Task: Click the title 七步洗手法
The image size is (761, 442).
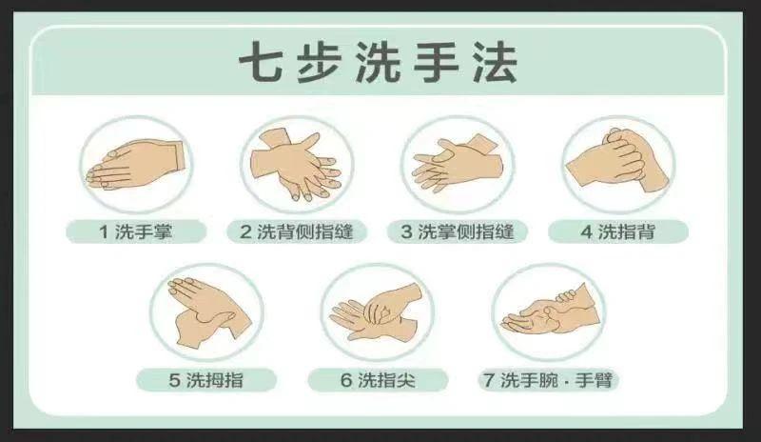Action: tap(378, 63)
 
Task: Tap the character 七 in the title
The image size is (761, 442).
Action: tap(261, 63)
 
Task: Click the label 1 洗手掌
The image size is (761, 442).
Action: tap(136, 231)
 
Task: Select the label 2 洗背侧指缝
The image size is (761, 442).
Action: tap(297, 231)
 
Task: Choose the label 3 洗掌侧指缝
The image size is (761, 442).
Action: tap(458, 231)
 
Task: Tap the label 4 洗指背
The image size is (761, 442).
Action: tap(618, 231)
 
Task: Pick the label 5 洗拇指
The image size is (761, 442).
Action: tap(206, 380)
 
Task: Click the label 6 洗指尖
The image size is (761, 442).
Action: tap(378, 380)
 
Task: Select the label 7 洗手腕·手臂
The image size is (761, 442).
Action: tap(549, 380)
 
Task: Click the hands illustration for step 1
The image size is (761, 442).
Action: tap(135, 164)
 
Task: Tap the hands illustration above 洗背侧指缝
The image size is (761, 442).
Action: tap(297, 165)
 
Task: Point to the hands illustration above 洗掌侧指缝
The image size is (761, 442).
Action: tap(458, 164)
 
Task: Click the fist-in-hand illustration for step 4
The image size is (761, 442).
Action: tap(617, 160)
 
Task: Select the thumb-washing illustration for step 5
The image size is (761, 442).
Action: tap(207, 312)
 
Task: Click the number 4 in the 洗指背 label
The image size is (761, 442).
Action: tap(586, 231)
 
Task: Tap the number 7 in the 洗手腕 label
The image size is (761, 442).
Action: tap(489, 380)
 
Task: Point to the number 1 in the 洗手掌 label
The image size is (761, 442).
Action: tap(104, 231)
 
